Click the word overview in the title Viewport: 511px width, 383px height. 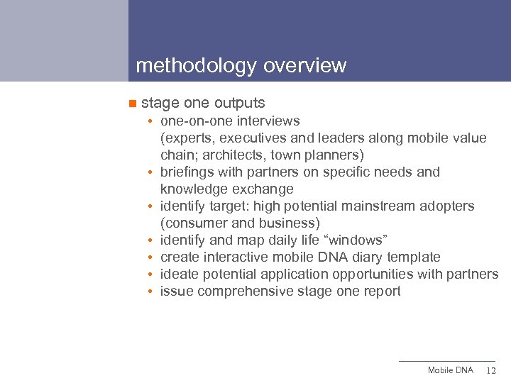[x=304, y=66]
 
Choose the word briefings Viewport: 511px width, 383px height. [x=187, y=172]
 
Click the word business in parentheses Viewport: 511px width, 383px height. [x=292, y=223]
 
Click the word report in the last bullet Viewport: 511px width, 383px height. [x=382, y=291]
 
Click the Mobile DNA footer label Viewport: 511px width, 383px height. [x=450, y=371]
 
